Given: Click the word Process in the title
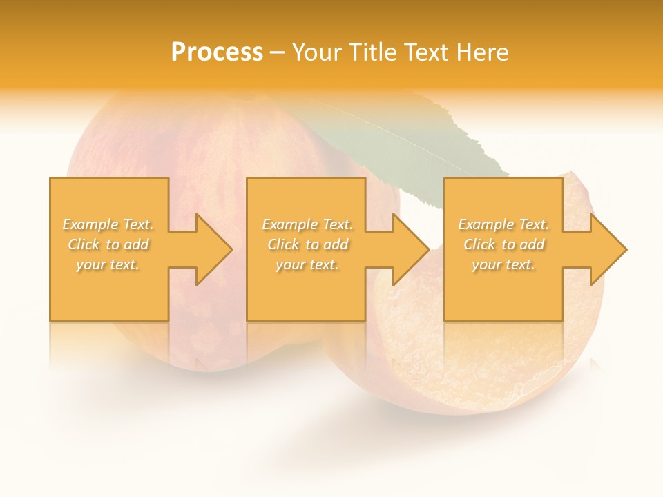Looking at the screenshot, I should point(217,52).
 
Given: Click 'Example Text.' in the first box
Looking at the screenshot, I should point(108,224).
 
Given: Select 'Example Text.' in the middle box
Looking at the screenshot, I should point(307,224).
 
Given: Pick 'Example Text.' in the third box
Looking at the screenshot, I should point(503,224).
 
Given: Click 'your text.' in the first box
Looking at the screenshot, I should point(108,264).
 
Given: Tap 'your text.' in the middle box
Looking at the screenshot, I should point(307,264).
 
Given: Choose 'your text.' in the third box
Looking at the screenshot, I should point(503,264).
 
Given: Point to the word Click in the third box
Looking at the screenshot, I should point(480,244).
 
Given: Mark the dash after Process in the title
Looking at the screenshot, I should point(277,53).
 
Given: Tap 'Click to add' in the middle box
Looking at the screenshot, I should point(307,244).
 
